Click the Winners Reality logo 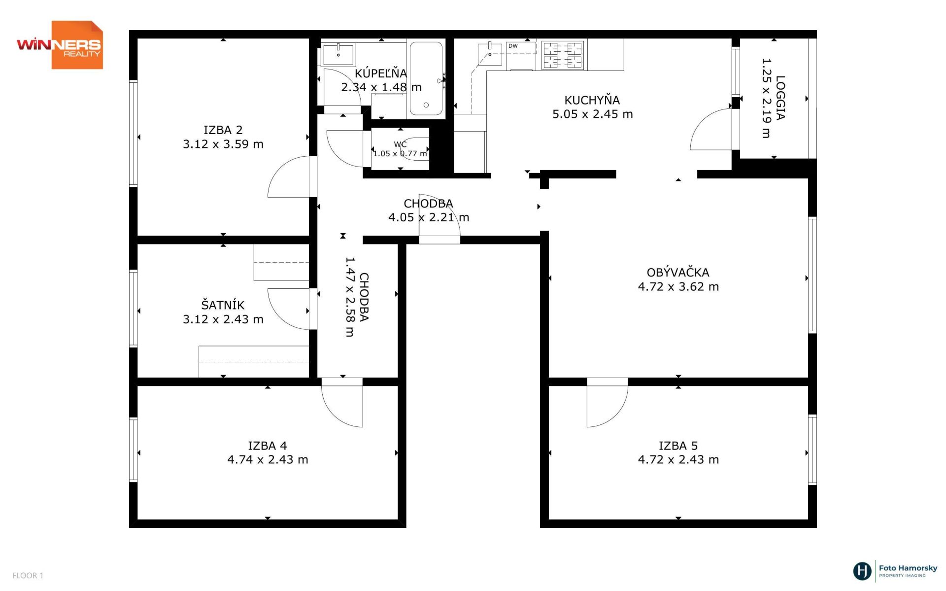pos(60,45)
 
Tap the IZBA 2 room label pos(223,130)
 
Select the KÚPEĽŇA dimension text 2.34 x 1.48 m pos(381,87)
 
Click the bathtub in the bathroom pos(426,79)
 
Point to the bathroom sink pos(338,55)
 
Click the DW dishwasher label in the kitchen pos(513,46)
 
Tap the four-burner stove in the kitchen pos(563,55)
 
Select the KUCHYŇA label pos(592,100)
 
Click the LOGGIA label pos(780,98)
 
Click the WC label pos(400,144)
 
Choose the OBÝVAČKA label pos(678,273)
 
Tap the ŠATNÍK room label pos(223,305)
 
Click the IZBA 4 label pos(268,446)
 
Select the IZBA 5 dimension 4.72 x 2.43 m pos(678,459)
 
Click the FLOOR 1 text pos(28,575)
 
